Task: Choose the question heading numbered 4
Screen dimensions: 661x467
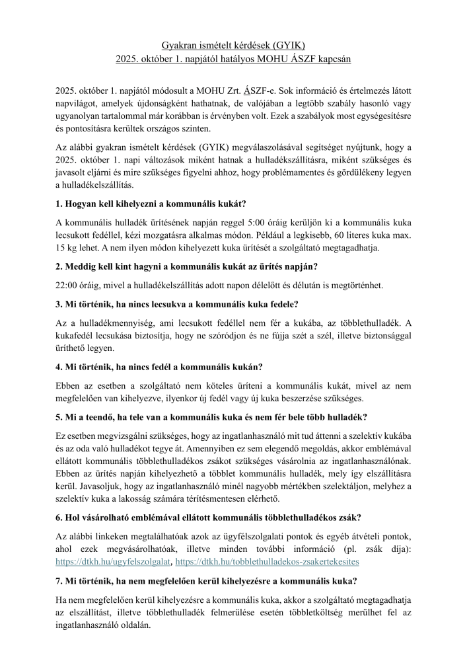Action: [x=163, y=366]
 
